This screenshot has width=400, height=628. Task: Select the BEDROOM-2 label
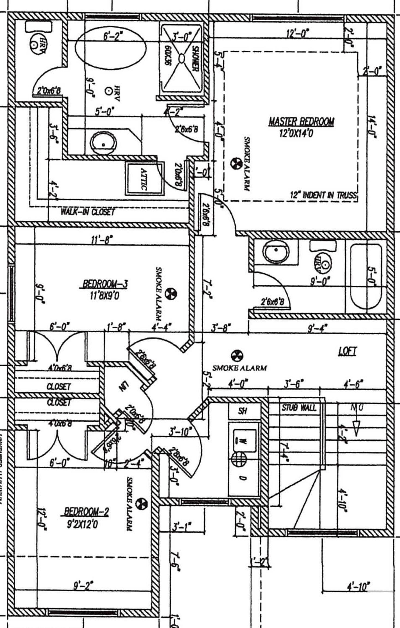tap(86, 511)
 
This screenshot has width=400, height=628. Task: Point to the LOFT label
tap(347, 351)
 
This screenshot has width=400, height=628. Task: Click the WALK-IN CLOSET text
tap(88, 212)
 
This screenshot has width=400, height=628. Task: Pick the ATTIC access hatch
tap(145, 179)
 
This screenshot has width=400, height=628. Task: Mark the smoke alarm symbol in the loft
tap(237, 355)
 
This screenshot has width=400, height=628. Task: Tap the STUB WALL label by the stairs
tap(299, 408)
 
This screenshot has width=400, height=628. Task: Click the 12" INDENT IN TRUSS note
tap(323, 195)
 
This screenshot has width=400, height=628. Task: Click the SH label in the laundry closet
tap(242, 411)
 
